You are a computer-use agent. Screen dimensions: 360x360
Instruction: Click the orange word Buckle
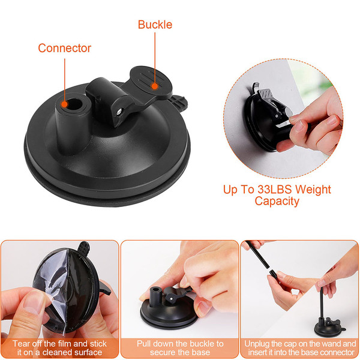(x=155, y=25)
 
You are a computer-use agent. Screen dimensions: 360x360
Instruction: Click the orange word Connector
(x=65, y=48)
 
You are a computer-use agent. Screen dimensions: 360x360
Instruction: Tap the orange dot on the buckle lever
(x=155, y=86)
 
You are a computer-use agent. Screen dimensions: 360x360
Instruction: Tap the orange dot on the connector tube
(x=65, y=104)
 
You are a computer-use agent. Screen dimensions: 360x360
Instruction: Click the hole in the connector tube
(x=74, y=104)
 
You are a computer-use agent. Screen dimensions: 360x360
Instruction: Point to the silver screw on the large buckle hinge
(x=119, y=112)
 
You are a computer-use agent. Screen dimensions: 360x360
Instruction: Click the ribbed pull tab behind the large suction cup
(x=179, y=103)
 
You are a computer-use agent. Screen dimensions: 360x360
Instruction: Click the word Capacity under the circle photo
(x=277, y=202)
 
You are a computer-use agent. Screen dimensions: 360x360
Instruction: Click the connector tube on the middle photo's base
(x=155, y=296)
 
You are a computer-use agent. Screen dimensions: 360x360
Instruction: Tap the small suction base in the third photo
(x=329, y=327)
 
